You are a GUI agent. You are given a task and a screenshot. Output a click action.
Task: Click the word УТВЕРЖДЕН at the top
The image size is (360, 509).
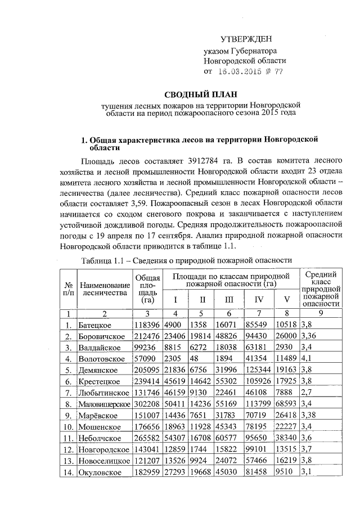(x=245, y=39)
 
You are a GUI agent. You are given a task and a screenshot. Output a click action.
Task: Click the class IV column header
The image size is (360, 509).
(x=259, y=298)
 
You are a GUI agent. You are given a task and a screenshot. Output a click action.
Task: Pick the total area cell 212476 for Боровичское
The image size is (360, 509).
(x=147, y=336)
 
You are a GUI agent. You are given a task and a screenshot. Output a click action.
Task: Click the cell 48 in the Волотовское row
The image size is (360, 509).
(x=193, y=359)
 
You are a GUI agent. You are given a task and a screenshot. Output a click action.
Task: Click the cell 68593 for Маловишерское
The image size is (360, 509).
(x=286, y=404)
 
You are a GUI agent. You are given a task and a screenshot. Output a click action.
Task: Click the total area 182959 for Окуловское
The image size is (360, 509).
(x=147, y=471)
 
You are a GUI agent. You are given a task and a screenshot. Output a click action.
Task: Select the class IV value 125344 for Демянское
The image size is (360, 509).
(x=259, y=370)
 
